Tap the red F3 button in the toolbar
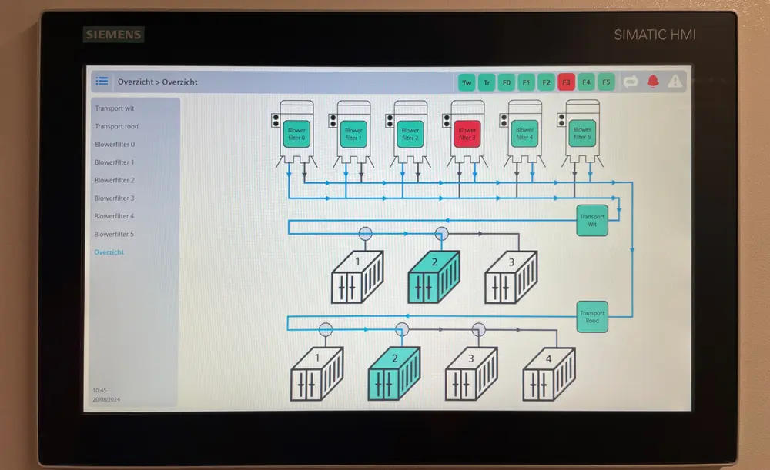pyautogui.click(x=567, y=82)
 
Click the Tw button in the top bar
pyautogui.click(x=467, y=82)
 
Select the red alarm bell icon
pyautogui.click(x=653, y=81)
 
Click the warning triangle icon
pyautogui.click(x=675, y=81)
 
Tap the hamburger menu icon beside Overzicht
pyautogui.click(x=102, y=82)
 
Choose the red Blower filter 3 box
pyautogui.click(x=467, y=134)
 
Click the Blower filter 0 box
pyautogui.click(x=296, y=134)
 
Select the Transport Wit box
pyautogui.click(x=592, y=219)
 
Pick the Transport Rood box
pyautogui.click(x=592, y=316)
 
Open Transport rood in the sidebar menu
pyautogui.click(x=117, y=126)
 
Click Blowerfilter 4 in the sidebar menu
pyautogui.click(x=114, y=216)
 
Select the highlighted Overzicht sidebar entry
pyautogui.click(x=109, y=252)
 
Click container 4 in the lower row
pyautogui.click(x=548, y=375)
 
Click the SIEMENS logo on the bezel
pyautogui.click(x=113, y=35)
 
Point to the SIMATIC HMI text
pyautogui.click(x=654, y=35)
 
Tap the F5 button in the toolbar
pyautogui.click(x=606, y=82)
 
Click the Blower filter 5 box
pyautogui.click(x=581, y=134)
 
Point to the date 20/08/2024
pyautogui.click(x=106, y=400)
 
